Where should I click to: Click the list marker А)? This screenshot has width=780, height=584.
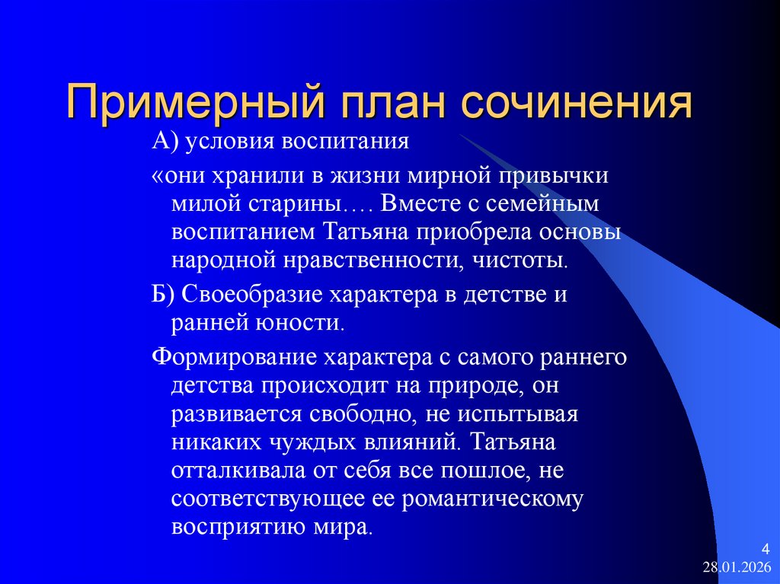[x=165, y=142]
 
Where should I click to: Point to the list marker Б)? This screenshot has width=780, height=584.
[x=165, y=295]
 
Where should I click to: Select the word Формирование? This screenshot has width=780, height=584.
[x=232, y=357]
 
